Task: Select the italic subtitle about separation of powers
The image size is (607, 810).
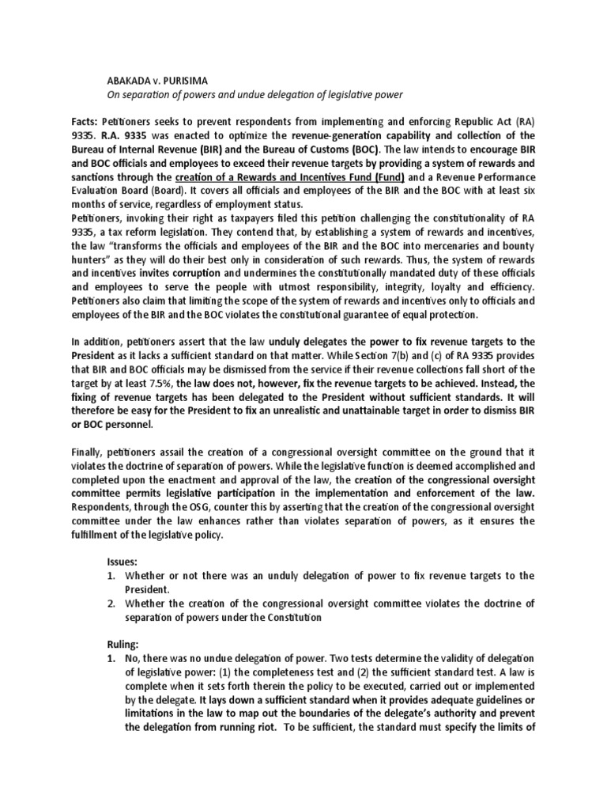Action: (x=254, y=95)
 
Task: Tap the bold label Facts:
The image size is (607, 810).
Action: (x=85, y=124)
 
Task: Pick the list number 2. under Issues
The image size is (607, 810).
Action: (x=111, y=604)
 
